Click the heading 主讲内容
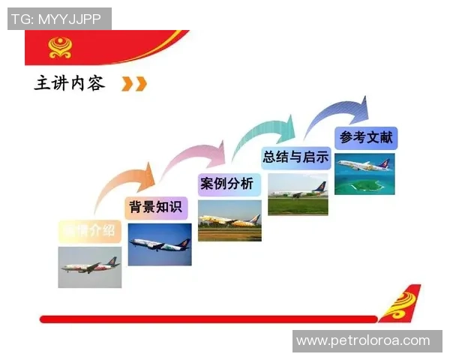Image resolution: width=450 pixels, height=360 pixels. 69,82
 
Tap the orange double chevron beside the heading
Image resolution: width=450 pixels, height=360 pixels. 134,83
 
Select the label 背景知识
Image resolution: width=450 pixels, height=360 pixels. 154,207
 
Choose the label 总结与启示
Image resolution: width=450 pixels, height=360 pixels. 295,157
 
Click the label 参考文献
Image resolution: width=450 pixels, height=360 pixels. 366,137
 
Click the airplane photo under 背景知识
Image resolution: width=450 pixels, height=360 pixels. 159,244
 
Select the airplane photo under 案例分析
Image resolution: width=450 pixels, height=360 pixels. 229,220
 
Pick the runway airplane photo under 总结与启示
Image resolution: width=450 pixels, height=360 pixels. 298,194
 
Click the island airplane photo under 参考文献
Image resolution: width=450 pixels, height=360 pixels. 364,174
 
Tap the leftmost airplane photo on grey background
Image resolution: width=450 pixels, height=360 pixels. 90,267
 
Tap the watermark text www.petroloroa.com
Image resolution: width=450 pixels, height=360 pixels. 363,341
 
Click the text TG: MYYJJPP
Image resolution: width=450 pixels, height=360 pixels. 57,19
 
